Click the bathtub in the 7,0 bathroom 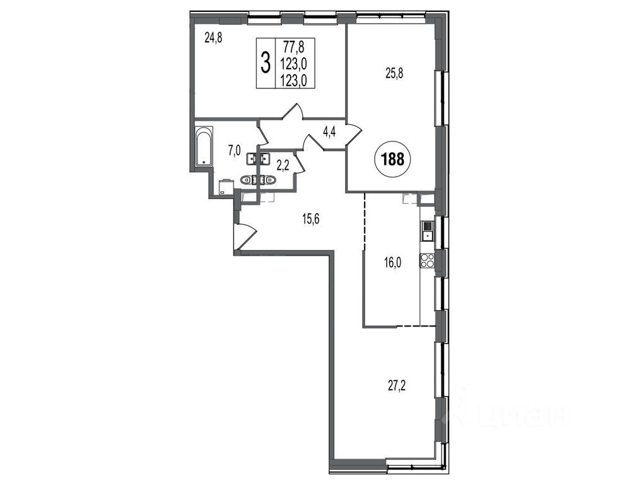point(204,147)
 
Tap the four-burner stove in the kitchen point(427,260)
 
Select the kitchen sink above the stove point(427,231)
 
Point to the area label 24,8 point(213,39)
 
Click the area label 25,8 point(394,75)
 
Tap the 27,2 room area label point(396,384)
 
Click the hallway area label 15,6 point(310,220)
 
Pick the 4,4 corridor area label point(329,133)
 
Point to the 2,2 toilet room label point(283,165)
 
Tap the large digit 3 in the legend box point(266,63)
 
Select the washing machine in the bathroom point(226,187)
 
